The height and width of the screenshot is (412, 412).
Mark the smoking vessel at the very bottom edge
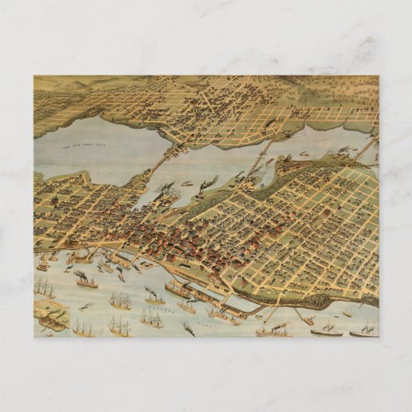click(188, 330)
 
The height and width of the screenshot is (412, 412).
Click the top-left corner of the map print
click(34, 76)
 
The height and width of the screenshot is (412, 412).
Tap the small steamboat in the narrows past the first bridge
click(187, 184)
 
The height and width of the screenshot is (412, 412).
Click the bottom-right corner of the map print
click(379, 337)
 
